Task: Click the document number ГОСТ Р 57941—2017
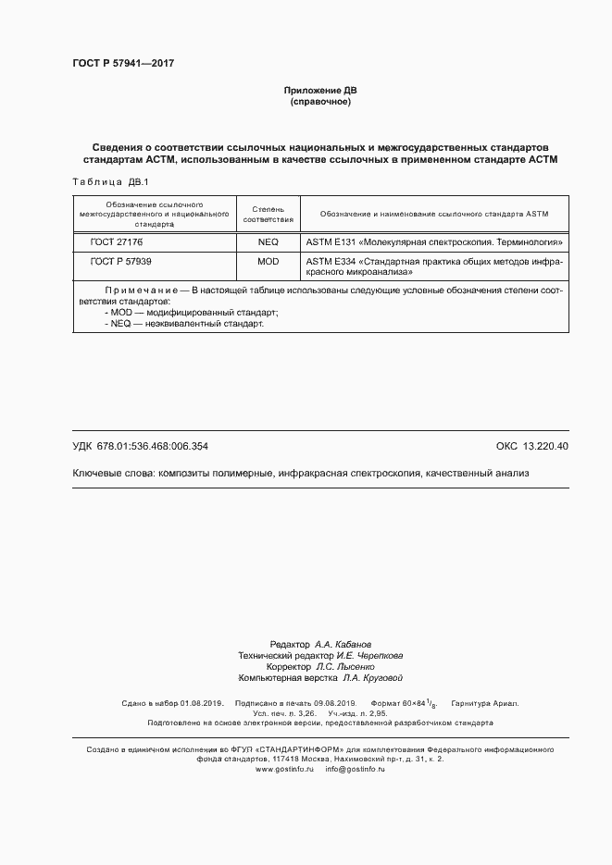[123, 64]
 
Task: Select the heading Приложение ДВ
[319, 91]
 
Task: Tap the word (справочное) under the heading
[319, 102]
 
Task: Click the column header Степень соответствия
[269, 215]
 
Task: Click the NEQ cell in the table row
[269, 241]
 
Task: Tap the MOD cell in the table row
[269, 262]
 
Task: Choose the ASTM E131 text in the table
[331, 241]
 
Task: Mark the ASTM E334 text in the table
[331, 262]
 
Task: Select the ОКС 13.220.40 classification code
[532, 446]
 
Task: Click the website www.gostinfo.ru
[285, 769]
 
